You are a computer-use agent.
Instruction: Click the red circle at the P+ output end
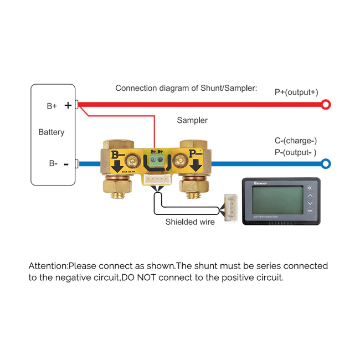326,104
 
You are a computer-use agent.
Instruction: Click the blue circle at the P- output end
326,163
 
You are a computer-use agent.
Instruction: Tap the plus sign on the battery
68,105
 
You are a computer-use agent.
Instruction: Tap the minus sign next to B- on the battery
66,164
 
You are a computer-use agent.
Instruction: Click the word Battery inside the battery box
52,132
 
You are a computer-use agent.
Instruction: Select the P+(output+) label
296,92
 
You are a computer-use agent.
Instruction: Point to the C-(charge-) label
295,141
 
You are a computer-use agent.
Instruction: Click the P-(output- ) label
295,152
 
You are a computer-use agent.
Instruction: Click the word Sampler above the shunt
192,120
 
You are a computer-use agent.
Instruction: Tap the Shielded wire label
190,222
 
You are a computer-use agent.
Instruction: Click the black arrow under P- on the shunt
195,166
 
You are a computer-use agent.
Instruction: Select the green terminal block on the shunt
157,161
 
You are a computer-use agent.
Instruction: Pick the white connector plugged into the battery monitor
229,206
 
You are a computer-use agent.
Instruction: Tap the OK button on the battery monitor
309,210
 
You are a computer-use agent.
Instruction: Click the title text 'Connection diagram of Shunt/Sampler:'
186,88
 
